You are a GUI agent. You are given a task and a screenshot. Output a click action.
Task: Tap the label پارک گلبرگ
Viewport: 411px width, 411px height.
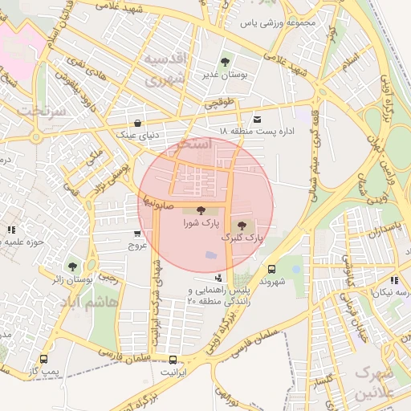point(243,238)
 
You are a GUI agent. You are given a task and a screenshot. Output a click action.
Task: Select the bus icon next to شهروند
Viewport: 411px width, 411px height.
point(271,270)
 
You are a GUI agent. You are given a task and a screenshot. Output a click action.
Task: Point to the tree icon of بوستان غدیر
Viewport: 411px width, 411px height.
point(224,62)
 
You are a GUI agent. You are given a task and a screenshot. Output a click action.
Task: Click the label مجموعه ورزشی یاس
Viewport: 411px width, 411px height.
point(284,22)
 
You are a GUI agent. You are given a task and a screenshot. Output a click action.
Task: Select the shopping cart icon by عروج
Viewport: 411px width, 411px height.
point(137,234)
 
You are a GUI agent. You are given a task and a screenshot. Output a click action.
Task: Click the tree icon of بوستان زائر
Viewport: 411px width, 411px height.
point(72,266)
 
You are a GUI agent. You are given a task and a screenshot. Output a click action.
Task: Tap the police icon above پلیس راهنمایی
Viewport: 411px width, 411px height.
point(218,278)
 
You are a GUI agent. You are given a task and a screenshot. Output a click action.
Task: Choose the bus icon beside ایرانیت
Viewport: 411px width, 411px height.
point(173,359)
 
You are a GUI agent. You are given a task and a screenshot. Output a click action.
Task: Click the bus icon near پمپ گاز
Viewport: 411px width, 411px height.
point(43,360)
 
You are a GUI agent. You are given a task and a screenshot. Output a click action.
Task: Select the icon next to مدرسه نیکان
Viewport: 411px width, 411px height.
point(393,280)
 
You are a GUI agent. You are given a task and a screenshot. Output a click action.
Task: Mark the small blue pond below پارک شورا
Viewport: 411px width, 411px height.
point(211,255)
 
